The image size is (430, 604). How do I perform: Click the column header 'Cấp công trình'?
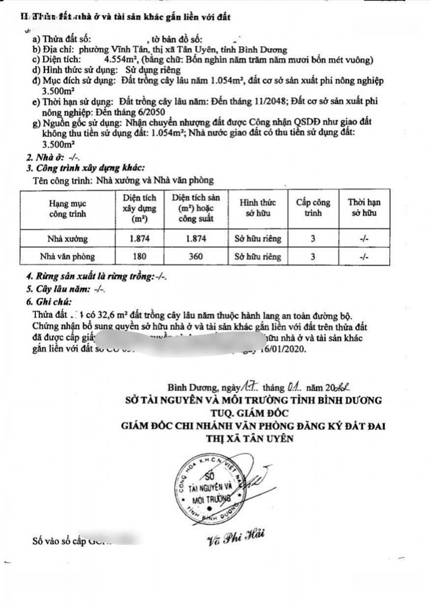313,208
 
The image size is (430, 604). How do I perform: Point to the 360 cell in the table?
196,257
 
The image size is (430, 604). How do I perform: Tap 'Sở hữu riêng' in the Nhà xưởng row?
258,238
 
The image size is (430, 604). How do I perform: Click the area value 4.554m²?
122,60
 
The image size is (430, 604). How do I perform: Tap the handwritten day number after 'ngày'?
250,386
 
